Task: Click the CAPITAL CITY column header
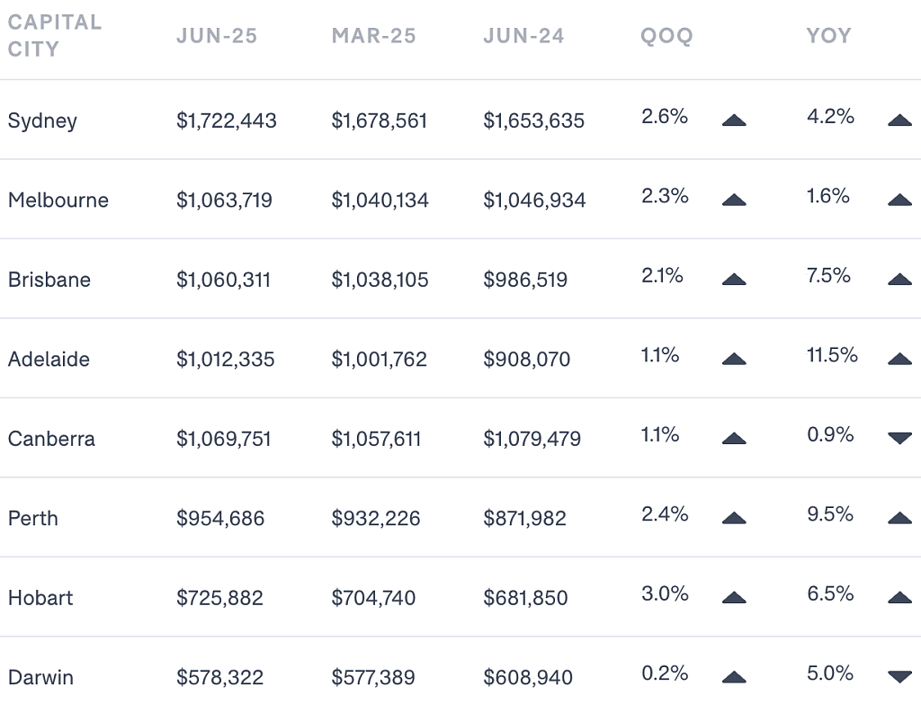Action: (x=55, y=35)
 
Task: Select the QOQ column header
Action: (x=666, y=36)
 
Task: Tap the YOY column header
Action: (x=828, y=36)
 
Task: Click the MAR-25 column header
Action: (x=373, y=36)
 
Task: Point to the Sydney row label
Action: (x=42, y=121)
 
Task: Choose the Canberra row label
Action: (x=51, y=439)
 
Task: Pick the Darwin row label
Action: (x=40, y=677)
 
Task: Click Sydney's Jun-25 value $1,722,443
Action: (x=226, y=120)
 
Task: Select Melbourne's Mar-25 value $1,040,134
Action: (x=380, y=201)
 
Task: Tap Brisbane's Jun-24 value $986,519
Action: (x=525, y=280)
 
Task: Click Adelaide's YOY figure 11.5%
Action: (x=832, y=355)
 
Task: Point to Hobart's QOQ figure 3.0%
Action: (x=665, y=593)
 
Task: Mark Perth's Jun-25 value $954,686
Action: (x=220, y=518)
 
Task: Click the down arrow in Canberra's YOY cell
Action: (x=899, y=438)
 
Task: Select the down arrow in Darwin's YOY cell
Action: (x=899, y=676)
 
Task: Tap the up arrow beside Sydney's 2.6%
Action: (x=734, y=120)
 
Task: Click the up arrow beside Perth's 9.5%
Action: (x=899, y=518)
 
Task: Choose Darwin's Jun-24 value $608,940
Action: (x=527, y=677)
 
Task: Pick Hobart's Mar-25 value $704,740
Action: (x=373, y=598)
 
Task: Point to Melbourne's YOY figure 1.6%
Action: (x=827, y=196)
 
